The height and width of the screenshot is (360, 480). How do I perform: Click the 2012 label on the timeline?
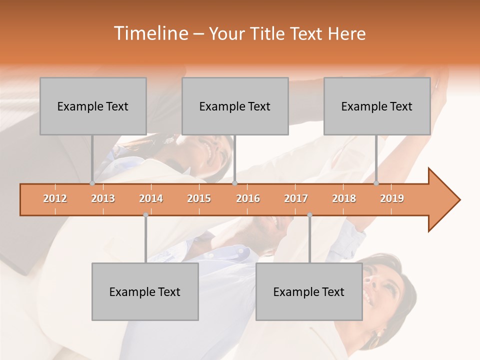point(55,199)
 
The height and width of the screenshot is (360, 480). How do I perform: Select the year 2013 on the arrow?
point(103,199)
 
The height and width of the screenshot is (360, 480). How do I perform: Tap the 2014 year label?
point(151,199)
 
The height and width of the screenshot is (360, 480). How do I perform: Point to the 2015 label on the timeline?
point(199,199)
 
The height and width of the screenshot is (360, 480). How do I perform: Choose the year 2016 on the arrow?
point(248,199)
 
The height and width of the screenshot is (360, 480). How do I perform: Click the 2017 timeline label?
point(296,199)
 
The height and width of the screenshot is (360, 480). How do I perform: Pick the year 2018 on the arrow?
point(344,199)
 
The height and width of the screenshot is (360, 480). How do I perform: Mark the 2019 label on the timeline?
point(392,199)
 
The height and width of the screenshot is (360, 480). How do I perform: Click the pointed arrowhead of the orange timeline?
point(445,200)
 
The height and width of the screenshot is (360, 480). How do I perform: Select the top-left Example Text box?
point(93,106)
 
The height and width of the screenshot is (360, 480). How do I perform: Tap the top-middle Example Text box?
point(235,106)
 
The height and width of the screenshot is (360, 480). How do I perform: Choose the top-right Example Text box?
point(377,106)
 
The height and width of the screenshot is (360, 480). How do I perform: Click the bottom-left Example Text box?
point(145,291)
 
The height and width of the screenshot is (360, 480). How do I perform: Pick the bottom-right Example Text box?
point(309,291)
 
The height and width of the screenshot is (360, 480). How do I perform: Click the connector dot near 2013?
point(92,183)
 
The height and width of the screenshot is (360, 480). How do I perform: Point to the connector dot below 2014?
point(145,215)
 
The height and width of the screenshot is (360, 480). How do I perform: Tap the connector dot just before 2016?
point(234,183)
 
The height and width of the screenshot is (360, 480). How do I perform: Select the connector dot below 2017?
point(309,215)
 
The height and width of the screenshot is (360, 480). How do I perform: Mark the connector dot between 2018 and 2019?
point(376,183)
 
